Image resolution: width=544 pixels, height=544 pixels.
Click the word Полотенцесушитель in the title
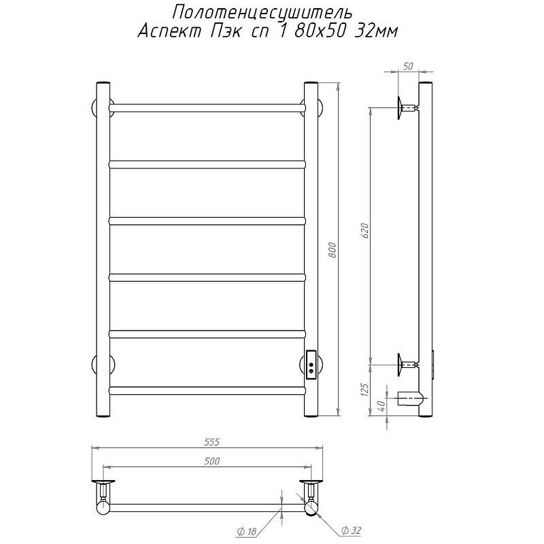click(x=262, y=14)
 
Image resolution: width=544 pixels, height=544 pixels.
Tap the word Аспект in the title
click(x=169, y=31)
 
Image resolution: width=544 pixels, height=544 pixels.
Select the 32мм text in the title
click(x=376, y=31)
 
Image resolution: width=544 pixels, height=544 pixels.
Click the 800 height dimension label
click(x=333, y=250)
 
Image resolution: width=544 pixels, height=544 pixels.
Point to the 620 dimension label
click(x=365, y=231)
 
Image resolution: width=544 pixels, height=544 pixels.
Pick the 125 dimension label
click(x=364, y=390)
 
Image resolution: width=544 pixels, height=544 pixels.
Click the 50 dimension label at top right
click(x=409, y=66)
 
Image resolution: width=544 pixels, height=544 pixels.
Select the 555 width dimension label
click(x=211, y=441)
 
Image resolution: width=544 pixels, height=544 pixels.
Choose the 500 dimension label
click(x=211, y=461)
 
